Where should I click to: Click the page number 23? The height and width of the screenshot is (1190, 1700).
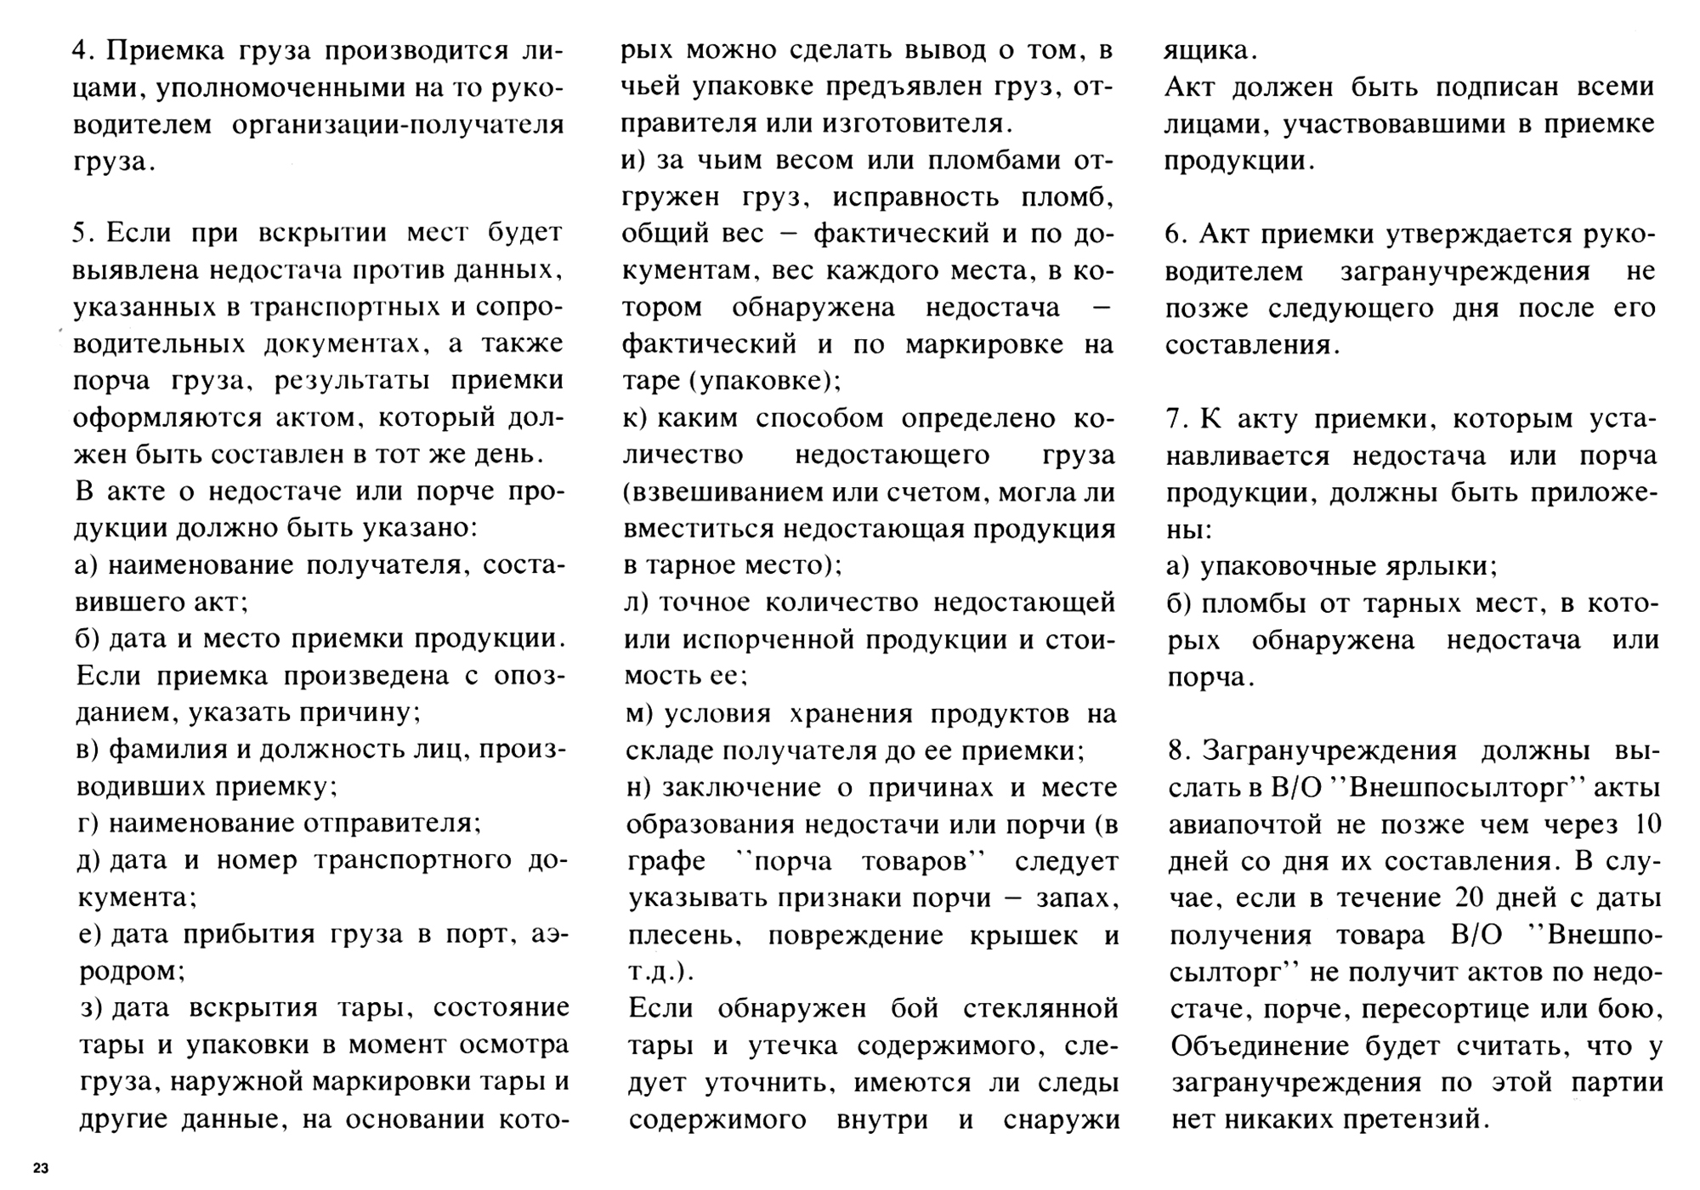pyautogui.click(x=41, y=1168)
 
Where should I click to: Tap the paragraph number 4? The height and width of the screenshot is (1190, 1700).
pyautogui.click(x=81, y=51)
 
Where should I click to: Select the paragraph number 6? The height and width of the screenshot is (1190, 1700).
pyautogui.click(x=1175, y=235)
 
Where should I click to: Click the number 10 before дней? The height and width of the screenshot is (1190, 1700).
pyautogui.click(x=1642, y=824)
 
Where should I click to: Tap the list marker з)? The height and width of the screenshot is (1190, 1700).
pyautogui.click(x=91, y=1009)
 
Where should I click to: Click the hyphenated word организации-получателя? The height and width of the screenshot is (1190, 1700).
pyautogui.click(x=398, y=125)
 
